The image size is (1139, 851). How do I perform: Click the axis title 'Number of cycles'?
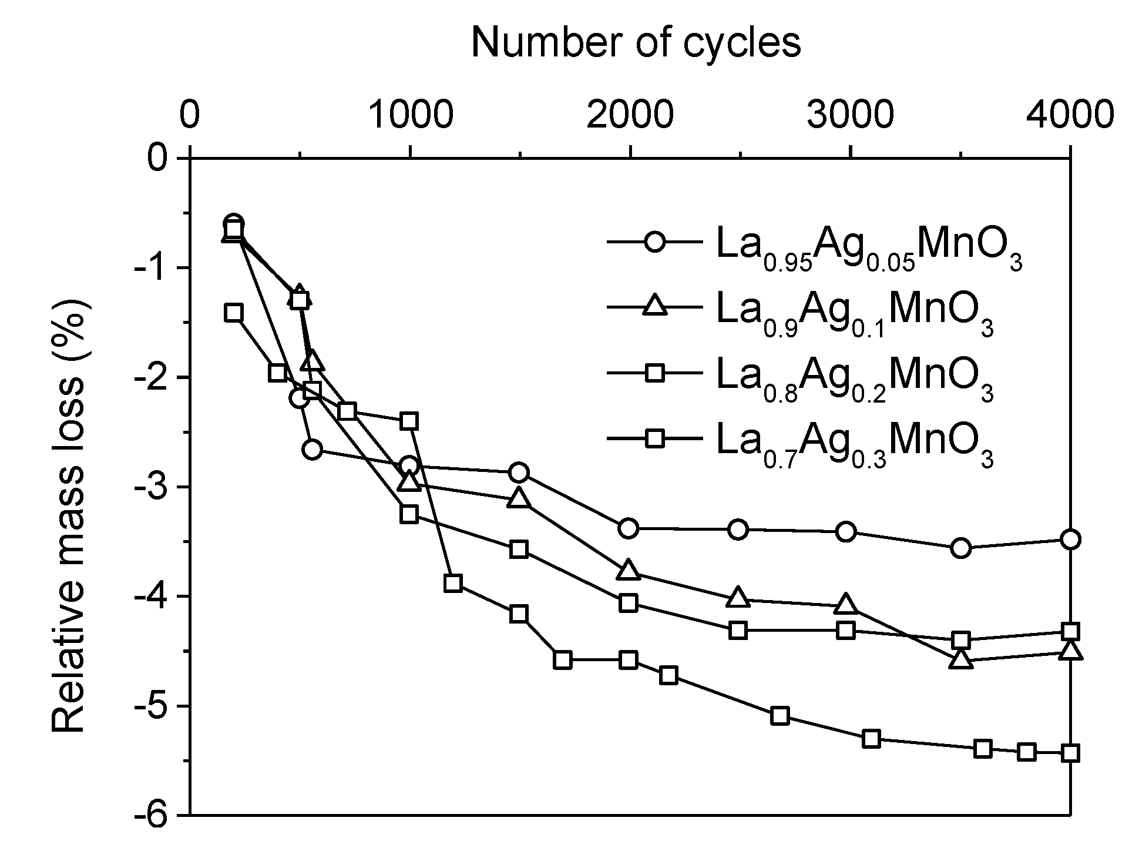point(636,43)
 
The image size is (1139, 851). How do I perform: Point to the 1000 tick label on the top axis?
point(410,114)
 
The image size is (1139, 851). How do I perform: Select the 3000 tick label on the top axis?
point(850,114)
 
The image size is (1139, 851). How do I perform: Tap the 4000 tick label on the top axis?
point(1069,114)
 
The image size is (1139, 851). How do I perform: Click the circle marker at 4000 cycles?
point(1070,540)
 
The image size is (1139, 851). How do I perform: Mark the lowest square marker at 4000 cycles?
point(1070,753)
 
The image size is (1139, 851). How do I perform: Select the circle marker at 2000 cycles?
point(629,528)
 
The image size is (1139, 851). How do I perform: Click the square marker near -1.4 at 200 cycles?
point(234,312)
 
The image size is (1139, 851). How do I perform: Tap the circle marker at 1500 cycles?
point(519,473)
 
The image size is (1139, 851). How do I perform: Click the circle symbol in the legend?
point(654,242)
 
